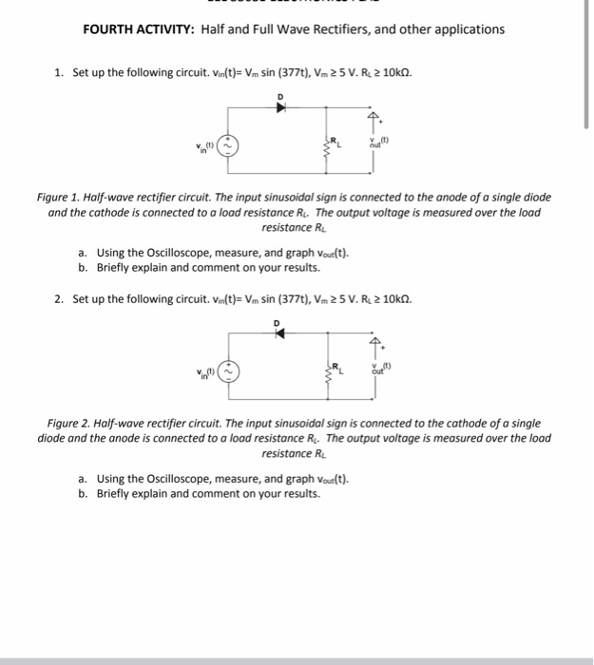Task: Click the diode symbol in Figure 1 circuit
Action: coord(280,107)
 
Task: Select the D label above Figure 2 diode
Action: coord(278,321)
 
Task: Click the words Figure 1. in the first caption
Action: coord(63,198)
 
